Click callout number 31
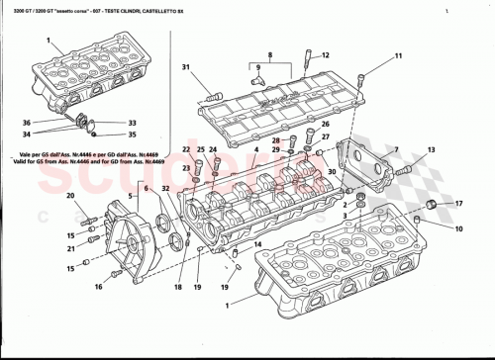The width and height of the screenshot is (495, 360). tap(185, 67)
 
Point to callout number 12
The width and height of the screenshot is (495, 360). tap(326, 56)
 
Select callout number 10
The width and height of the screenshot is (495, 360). tap(456, 228)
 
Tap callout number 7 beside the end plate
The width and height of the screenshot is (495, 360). tap(395, 150)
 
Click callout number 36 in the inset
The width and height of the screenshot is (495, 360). tap(27, 123)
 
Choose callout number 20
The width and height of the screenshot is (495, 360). tap(70, 196)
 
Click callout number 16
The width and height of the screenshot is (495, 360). tap(98, 287)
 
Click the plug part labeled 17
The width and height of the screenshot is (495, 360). tap(432, 205)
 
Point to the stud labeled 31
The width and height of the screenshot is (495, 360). tap(211, 97)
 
